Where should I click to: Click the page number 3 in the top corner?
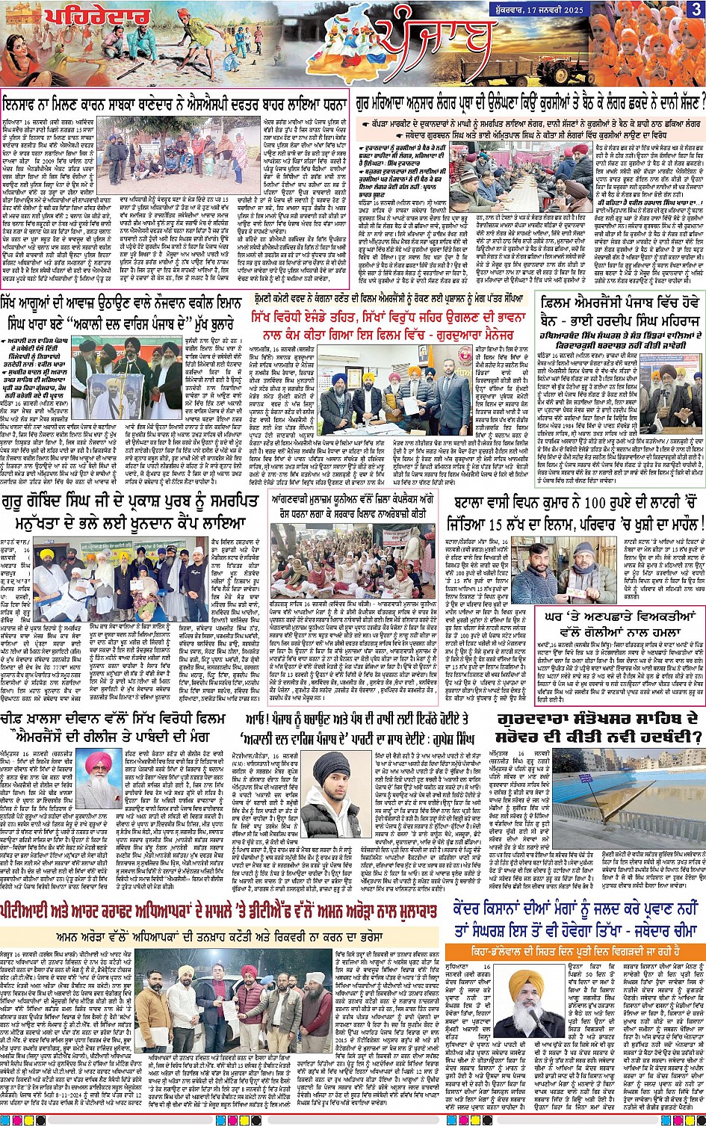(x=696, y=9)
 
